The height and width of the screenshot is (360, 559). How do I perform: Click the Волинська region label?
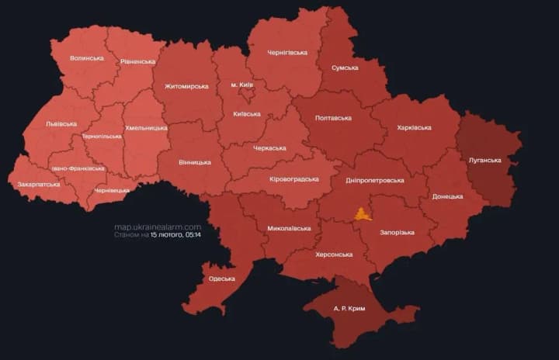coord(86,58)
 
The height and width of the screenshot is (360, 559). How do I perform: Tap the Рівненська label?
coord(138,61)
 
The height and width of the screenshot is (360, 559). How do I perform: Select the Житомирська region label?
coord(186,86)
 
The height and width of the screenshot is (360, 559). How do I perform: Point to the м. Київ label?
coord(242,84)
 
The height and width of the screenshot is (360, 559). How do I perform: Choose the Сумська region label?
coord(345,67)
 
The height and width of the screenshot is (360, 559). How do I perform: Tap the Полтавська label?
coord(333,118)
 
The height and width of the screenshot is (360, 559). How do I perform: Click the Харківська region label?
coord(414,127)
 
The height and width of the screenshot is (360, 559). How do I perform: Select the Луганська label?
coord(485,161)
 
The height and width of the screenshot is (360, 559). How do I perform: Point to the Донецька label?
coord(447,196)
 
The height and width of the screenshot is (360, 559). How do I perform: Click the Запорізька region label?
coord(397,232)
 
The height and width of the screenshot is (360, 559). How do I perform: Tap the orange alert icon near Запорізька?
coord(363,213)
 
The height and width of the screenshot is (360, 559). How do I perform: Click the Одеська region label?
coord(222,279)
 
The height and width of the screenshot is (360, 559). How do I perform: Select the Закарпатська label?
coord(39,185)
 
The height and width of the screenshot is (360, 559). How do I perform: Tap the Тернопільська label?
coord(102,137)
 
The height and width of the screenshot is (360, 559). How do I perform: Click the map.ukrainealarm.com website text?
coord(158,227)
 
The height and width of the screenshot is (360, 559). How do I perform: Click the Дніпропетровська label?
coord(376,180)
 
